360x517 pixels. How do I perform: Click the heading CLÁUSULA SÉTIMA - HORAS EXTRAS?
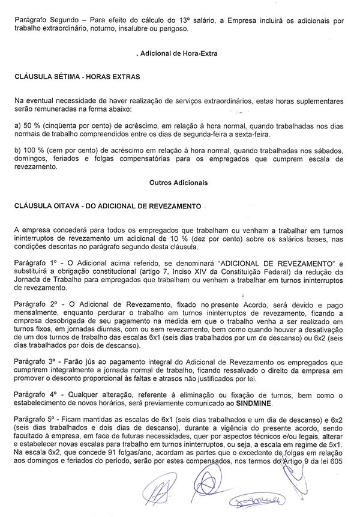pos(77,77)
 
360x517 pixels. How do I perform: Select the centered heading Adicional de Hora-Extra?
pos(178,53)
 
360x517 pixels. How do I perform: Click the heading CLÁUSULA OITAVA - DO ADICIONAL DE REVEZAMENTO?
pos(107,205)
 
